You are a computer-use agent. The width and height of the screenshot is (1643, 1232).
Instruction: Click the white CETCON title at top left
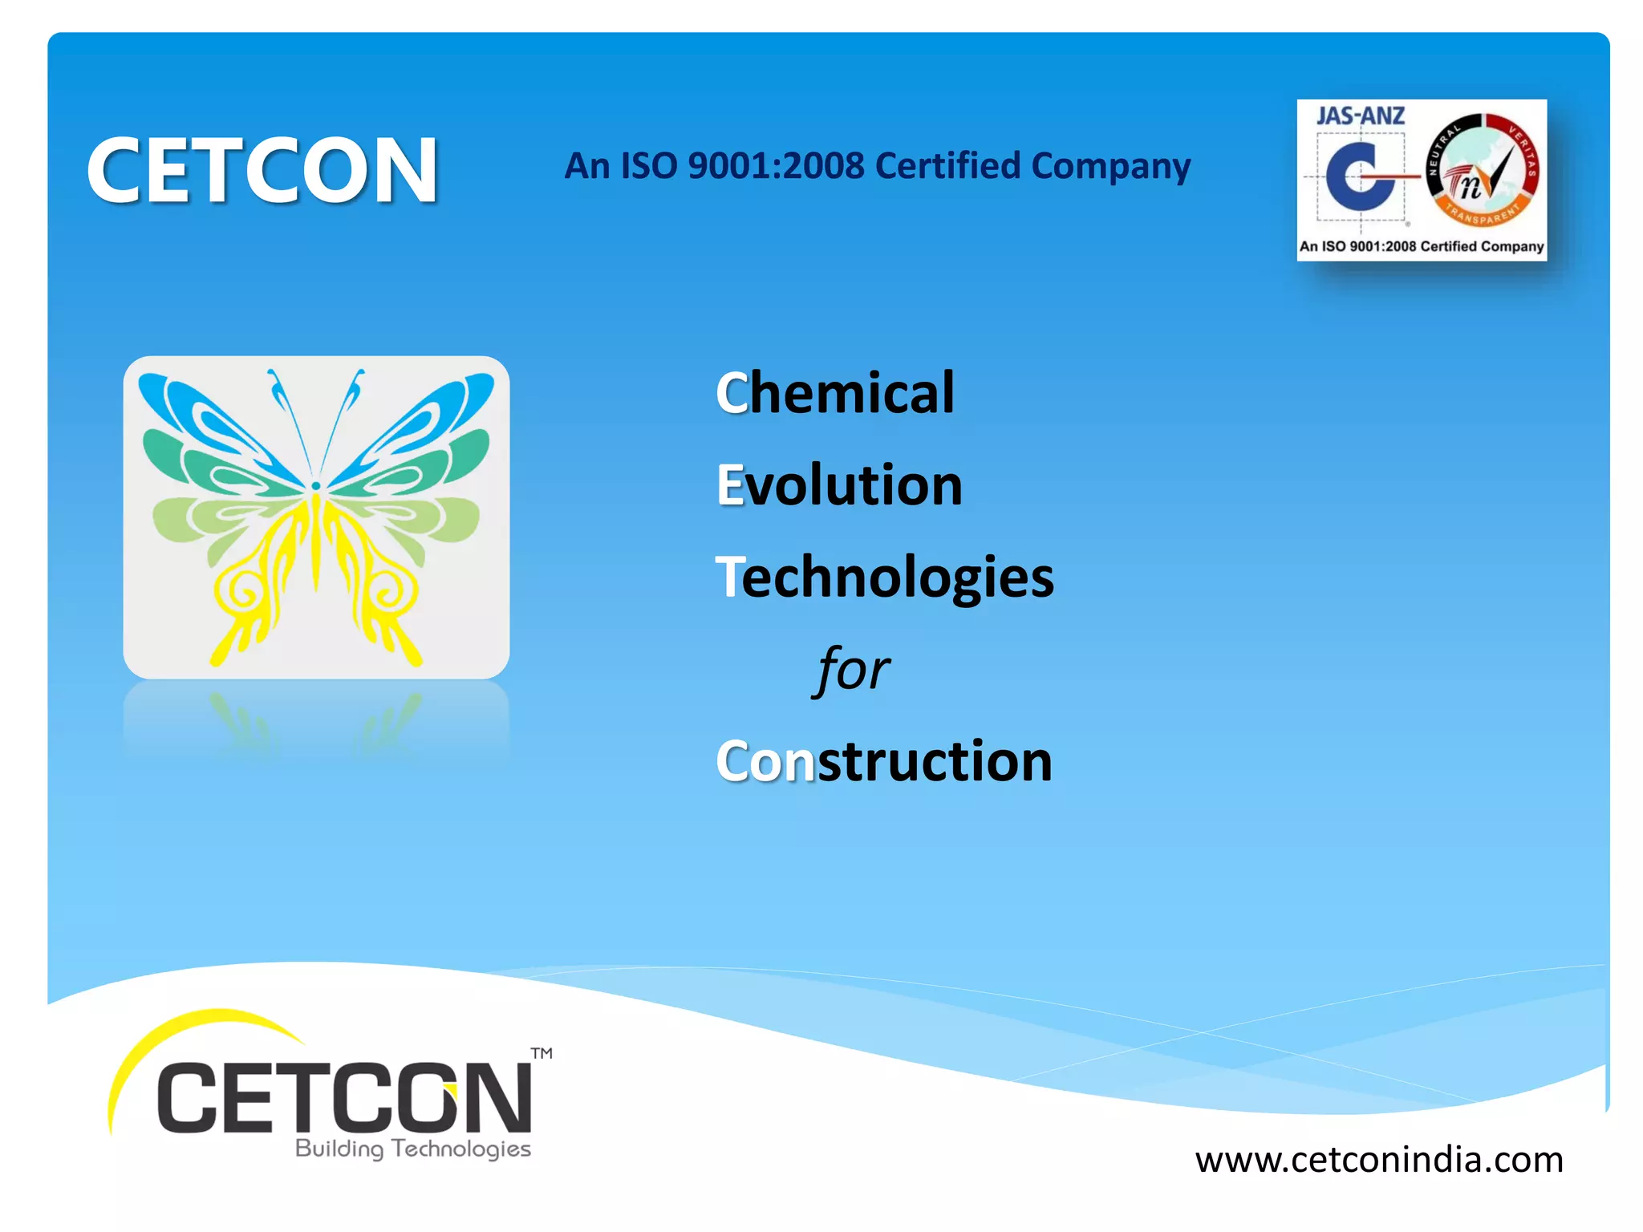tap(262, 170)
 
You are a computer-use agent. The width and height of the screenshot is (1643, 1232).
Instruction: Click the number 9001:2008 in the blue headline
tap(776, 166)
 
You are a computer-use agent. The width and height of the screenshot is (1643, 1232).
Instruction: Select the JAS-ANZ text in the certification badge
tap(1360, 116)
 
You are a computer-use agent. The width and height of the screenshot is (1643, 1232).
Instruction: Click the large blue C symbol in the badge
tap(1357, 176)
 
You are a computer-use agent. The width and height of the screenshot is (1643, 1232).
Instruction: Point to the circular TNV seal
tap(1482, 170)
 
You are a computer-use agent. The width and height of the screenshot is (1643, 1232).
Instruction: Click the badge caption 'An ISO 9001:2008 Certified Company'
tap(1422, 246)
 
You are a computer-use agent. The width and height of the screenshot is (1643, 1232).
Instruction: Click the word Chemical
tap(835, 393)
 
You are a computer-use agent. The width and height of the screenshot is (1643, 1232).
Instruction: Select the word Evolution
tap(839, 485)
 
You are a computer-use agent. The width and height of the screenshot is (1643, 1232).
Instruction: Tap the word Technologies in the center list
tap(884, 577)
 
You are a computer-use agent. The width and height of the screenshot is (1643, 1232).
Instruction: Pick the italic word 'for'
tap(852, 670)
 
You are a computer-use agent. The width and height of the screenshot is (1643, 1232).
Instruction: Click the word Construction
tap(883, 761)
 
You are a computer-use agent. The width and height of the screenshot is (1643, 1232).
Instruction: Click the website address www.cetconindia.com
tap(1379, 1160)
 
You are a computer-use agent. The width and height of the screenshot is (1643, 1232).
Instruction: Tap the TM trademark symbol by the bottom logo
tap(542, 1053)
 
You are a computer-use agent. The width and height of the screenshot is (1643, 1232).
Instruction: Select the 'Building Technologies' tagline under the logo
tap(413, 1149)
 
